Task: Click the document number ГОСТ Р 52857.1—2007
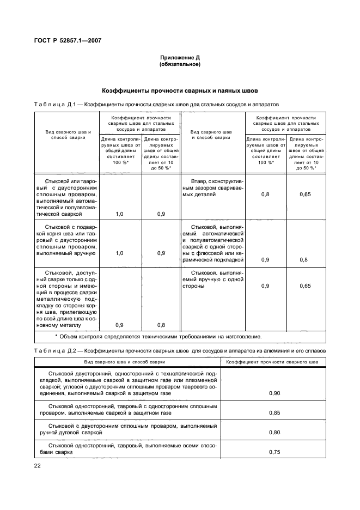(x=69, y=40)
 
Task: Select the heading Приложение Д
(x=180, y=58)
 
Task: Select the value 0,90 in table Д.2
(x=275, y=393)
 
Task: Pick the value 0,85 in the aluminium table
(x=275, y=414)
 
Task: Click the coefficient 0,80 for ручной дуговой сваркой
(x=275, y=433)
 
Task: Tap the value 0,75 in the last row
(x=275, y=452)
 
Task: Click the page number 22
(x=38, y=465)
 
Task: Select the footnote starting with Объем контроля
(x=158, y=336)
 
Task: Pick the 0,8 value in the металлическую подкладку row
(x=161, y=325)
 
